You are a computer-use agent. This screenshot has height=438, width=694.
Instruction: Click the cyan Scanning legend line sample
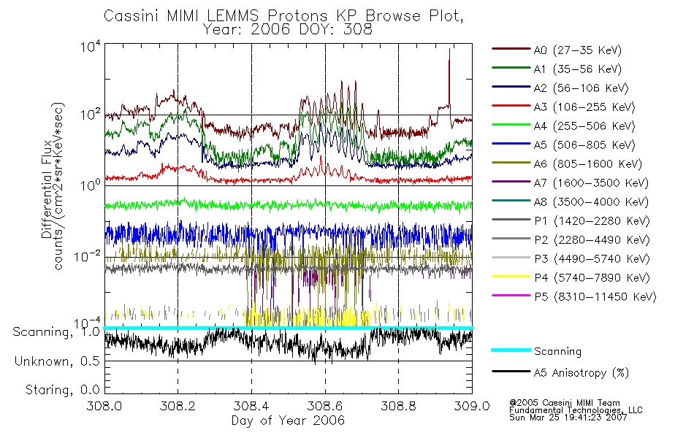[509, 351]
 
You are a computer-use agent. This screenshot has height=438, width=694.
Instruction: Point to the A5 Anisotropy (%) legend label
[580, 373]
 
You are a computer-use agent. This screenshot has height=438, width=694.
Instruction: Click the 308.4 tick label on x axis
[251, 406]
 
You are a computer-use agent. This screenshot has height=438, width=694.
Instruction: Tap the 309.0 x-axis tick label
[472, 406]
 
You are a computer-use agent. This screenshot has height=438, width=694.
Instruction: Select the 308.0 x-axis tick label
[104, 406]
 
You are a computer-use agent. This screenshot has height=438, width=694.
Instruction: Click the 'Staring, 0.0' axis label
[56, 389]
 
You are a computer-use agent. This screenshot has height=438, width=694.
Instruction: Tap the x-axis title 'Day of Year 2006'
[288, 420]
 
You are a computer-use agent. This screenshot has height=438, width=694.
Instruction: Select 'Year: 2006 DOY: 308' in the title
[289, 30]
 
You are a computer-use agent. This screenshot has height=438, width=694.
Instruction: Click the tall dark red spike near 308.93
[449, 66]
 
